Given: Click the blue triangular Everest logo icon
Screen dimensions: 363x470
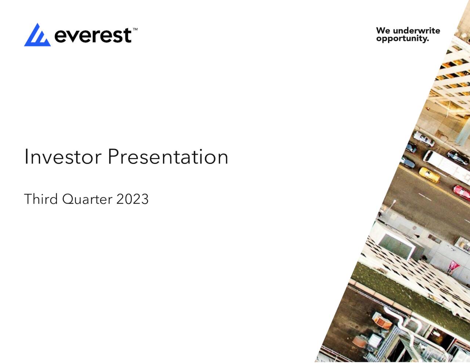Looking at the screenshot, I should pyautogui.click(x=37, y=36).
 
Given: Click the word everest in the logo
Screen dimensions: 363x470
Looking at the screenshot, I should pyautogui.click(x=93, y=36).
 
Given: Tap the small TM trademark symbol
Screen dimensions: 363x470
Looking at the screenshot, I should pyautogui.click(x=135, y=29).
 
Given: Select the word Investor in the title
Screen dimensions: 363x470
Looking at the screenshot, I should pyautogui.click(x=62, y=157).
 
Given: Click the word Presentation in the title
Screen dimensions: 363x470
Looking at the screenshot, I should pyautogui.click(x=168, y=157).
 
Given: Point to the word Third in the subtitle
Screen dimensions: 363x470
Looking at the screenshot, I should pyautogui.click(x=41, y=199).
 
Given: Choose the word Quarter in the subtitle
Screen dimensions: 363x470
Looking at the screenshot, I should pyautogui.click(x=87, y=199).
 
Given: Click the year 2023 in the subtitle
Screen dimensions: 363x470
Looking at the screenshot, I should pyautogui.click(x=132, y=199).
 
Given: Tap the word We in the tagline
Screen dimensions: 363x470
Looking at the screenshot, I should pyautogui.click(x=383, y=30).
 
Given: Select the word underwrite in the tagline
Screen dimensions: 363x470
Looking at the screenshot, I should pyautogui.click(x=416, y=30).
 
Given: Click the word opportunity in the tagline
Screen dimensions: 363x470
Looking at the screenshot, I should pyautogui.click(x=402, y=39).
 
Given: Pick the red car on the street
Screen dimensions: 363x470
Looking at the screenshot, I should pyautogui.click(x=462, y=192).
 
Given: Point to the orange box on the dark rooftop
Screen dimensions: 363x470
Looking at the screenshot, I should pyautogui.click(x=382, y=321).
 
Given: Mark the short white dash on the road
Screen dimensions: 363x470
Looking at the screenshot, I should pyautogui.click(x=425, y=197).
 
